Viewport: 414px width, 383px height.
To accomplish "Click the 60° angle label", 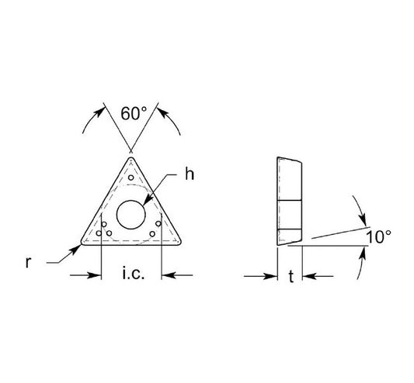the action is (134, 114).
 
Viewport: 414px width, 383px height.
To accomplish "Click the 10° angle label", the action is (379, 236).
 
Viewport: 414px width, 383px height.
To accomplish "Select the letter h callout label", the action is (190, 174).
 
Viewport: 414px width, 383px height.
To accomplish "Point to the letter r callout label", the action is (28, 262).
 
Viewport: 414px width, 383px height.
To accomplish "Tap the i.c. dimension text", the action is (134, 274).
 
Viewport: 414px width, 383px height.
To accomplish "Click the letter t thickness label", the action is (291, 277).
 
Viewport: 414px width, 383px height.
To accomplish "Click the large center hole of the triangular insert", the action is (131, 215).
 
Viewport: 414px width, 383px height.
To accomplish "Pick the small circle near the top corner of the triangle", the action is (131, 178).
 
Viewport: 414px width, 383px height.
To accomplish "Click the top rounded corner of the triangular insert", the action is (131, 158).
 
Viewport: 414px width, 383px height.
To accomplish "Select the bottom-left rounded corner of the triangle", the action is (82, 243).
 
